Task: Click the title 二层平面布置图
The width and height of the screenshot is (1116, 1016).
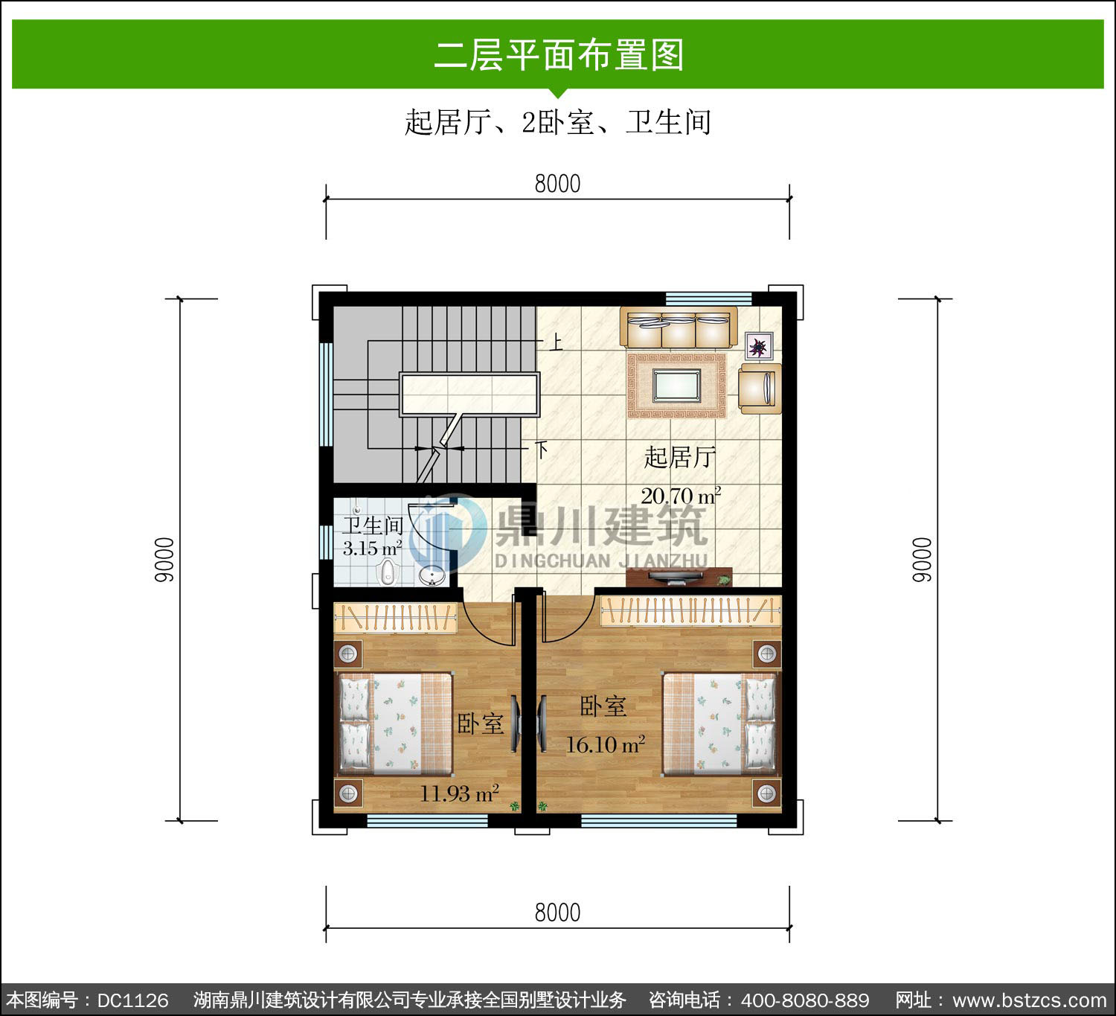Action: (x=559, y=55)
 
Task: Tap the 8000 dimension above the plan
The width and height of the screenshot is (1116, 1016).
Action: (x=557, y=184)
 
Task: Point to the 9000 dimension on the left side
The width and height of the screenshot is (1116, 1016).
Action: (x=164, y=560)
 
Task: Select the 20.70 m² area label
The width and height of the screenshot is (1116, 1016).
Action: (x=681, y=496)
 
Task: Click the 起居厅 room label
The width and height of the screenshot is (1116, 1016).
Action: (x=680, y=457)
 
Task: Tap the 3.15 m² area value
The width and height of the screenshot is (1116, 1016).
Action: (x=372, y=549)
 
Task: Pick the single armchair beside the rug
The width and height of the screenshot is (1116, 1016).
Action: (x=760, y=389)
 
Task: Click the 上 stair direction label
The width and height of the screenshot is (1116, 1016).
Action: (x=556, y=342)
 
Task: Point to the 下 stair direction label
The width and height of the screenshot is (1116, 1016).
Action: (x=541, y=450)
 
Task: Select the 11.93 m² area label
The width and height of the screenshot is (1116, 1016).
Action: (x=459, y=793)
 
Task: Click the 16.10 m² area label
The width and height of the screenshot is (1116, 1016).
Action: (x=606, y=744)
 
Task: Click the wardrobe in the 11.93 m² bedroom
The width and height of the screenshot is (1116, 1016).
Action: (x=395, y=617)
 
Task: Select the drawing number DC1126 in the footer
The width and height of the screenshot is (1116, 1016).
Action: (x=133, y=1000)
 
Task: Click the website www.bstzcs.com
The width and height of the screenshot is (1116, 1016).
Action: (x=1029, y=1000)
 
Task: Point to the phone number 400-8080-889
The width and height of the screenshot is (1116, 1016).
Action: (x=805, y=1000)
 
